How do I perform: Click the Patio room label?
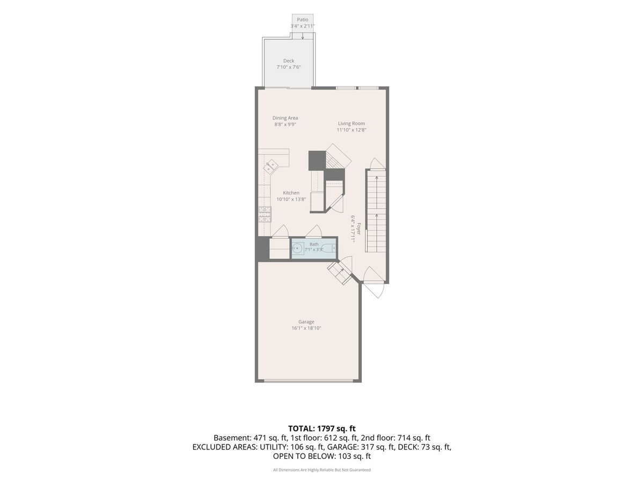303,20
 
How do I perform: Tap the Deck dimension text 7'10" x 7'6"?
289,67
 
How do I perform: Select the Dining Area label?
285,118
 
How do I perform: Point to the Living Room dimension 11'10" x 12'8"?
352,130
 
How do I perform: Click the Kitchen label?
291,193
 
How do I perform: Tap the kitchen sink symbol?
65,166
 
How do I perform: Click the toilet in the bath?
330,248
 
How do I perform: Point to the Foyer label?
358,229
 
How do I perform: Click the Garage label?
306,321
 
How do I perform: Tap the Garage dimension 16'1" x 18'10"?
306,328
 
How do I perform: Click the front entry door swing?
374,283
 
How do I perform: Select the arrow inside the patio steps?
303,36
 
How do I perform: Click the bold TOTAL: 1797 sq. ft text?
322,429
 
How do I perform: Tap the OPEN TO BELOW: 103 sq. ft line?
322,456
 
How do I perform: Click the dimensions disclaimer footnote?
322,470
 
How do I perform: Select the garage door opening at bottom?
309,381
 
